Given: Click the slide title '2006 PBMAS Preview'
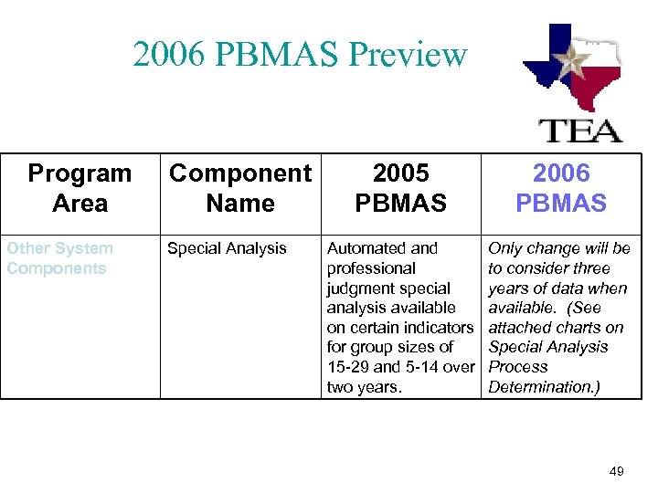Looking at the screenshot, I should [x=300, y=55].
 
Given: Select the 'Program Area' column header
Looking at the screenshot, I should [x=80, y=188].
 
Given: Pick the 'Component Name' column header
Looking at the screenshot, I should [x=240, y=188].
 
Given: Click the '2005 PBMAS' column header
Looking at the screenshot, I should [x=401, y=188].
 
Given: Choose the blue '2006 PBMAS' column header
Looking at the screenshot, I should [x=560, y=188].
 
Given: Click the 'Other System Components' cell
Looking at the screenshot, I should [x=59, y=258].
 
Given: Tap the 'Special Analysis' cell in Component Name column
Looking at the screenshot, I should [x=226, y=248].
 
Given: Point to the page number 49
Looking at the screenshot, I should [x=616, y=471].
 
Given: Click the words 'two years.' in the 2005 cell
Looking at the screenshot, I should [x=363, y=387].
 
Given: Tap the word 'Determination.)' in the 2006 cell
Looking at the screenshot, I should [x=543, y=387].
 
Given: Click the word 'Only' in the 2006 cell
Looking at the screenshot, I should [x=505, y=248].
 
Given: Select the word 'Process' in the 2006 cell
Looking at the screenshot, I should [x=518, y=367].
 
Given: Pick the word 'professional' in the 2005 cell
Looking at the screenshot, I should [x=371, y=268].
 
